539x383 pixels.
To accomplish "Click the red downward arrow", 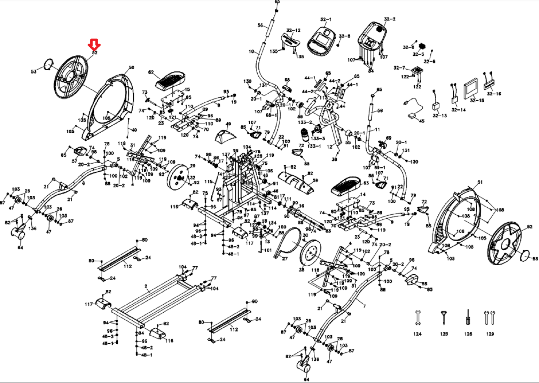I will click(x=94, y=45).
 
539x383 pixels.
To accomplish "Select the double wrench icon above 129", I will click(x=490, y=317).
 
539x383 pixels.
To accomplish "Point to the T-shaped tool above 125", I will click(x=444, y=317).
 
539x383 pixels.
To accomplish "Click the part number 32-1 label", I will click(x=326, y=19).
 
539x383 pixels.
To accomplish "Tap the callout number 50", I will click(x=131, y=68).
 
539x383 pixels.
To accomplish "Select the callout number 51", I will click(x=480, y=182).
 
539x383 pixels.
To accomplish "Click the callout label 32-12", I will click(x=293, y=31).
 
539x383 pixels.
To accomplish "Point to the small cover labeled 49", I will click(x=225, y=136).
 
